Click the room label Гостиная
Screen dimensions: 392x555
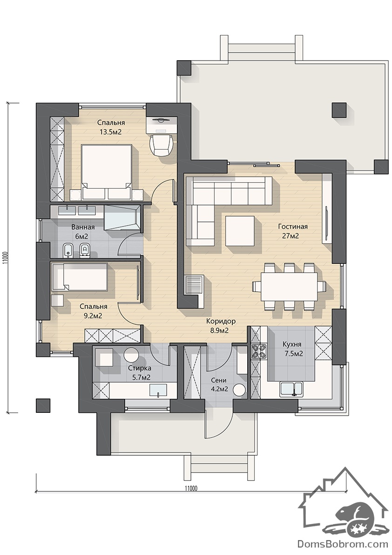coord(293,227)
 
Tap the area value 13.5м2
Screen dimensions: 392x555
coord(111,132)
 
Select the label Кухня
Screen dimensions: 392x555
coord(292,344)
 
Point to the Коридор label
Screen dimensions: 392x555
coord(221,322)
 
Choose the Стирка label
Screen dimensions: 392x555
coord(140,369)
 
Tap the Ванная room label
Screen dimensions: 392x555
coord(83,227)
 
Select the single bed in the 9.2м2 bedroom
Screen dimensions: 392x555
coord(80,277)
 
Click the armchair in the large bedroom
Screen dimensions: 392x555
coord(162,144)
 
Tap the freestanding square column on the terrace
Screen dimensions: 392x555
coord(339,110)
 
